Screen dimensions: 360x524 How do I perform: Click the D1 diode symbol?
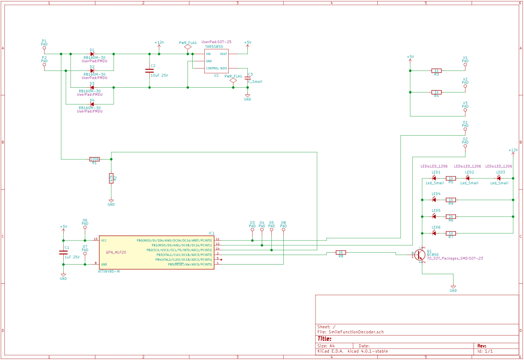92,54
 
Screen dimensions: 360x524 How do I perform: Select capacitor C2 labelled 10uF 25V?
149,70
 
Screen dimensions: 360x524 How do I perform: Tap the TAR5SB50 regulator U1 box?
216,61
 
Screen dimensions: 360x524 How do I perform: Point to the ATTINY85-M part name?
108,272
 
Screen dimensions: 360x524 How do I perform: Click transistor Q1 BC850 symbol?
420,254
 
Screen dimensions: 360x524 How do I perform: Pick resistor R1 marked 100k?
94,159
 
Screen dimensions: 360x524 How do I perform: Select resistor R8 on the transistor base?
341,252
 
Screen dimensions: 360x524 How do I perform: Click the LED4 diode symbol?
434,199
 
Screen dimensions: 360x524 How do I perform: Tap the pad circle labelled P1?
44,48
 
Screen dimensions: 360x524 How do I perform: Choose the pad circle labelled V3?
465,110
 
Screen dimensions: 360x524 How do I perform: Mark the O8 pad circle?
283,230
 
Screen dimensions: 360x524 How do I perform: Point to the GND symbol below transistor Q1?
453,287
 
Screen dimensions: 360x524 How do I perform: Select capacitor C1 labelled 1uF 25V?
63,252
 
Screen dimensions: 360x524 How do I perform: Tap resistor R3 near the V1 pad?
436,70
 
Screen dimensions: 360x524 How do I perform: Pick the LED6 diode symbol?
434,233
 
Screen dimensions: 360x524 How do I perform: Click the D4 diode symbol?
92,104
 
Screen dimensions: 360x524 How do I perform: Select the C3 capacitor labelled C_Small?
247,77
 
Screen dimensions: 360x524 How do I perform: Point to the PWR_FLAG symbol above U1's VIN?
187,47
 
